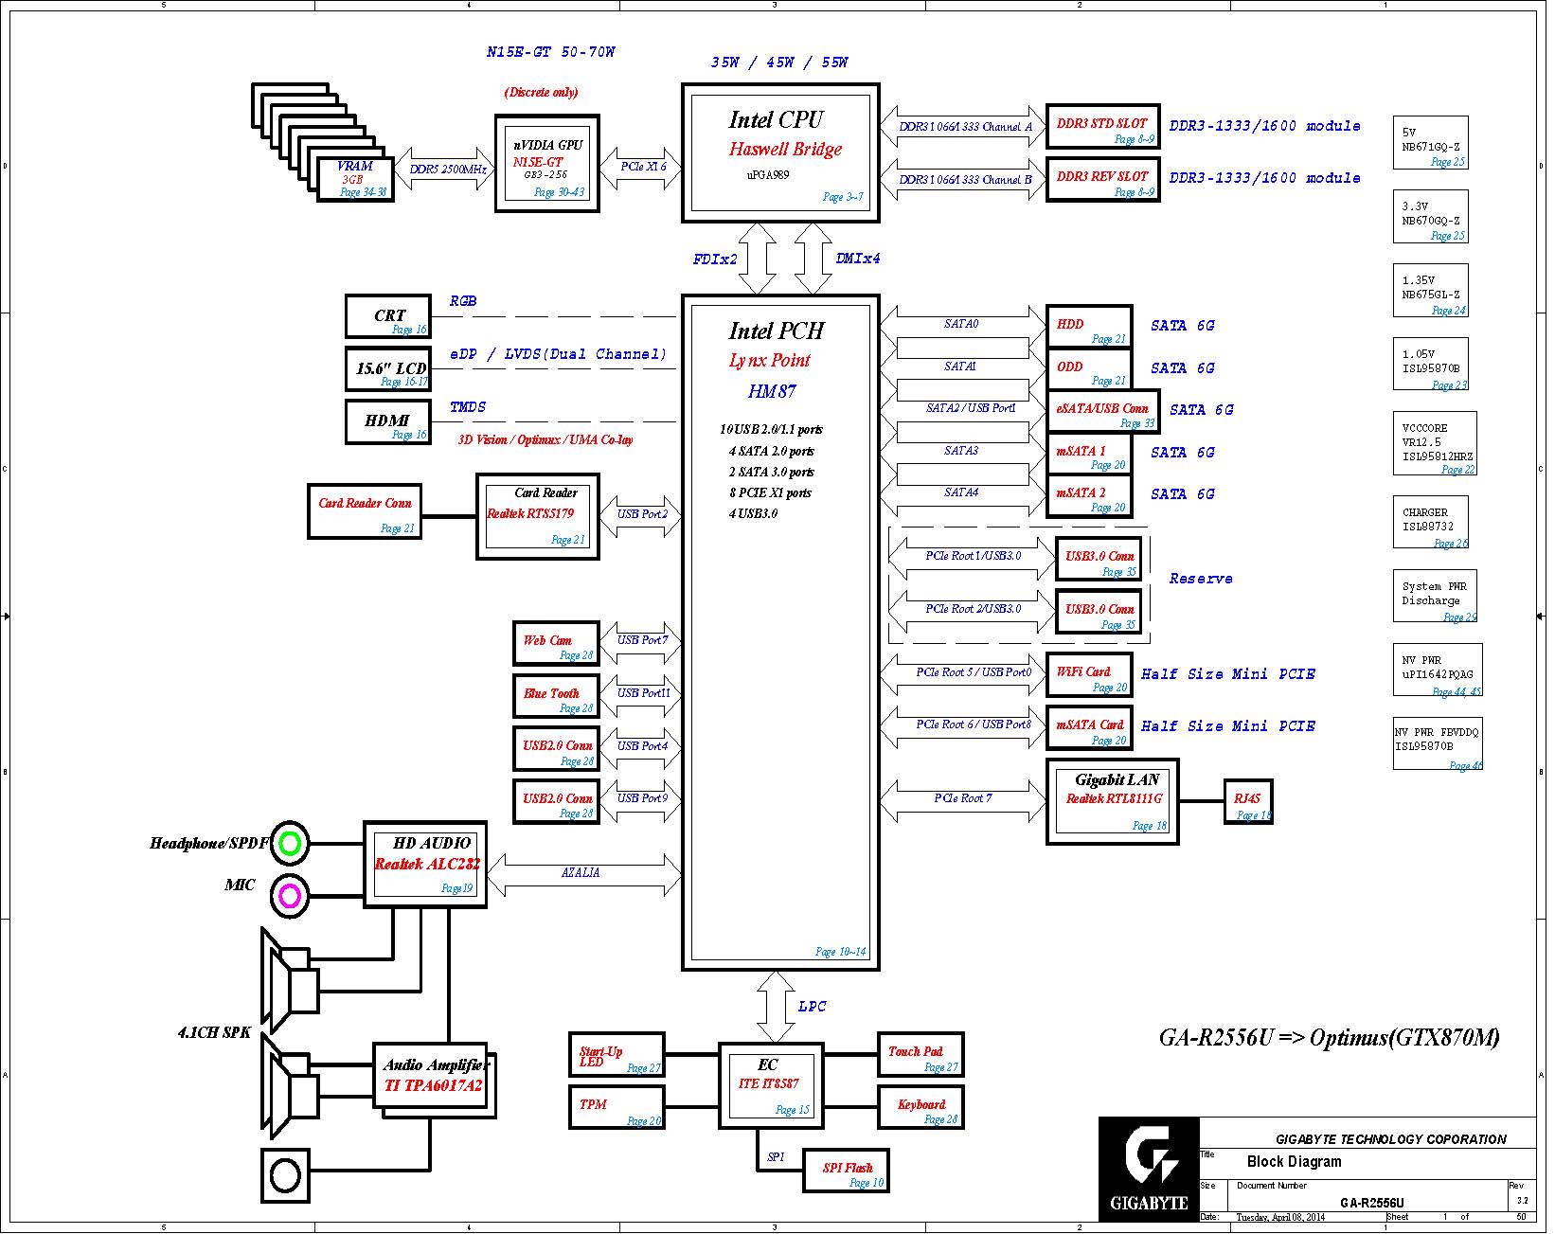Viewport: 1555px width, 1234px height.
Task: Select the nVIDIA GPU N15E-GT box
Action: [x=546, y=164]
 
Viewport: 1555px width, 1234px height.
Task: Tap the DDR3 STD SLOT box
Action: [x=1102, y=127]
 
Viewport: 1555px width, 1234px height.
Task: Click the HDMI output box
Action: [x=387, y=421]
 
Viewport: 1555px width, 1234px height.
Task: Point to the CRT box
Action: [x=387, y=316]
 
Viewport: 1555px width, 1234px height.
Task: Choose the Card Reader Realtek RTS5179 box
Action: [x=537, y=517]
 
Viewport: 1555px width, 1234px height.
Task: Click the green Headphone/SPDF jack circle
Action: [x=290, y=843]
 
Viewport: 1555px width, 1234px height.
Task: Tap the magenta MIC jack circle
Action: [x=290, y=895]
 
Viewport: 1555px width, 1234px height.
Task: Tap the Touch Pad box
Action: [x=920, y=1055]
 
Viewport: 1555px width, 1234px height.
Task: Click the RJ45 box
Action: [x=1247, y=802]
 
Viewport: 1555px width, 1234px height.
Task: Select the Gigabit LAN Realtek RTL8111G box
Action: [x=1112, y=801]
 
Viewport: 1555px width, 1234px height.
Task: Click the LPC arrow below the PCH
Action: [x=776, y=1007]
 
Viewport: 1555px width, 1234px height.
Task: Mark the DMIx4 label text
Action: [x=858, y=259]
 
